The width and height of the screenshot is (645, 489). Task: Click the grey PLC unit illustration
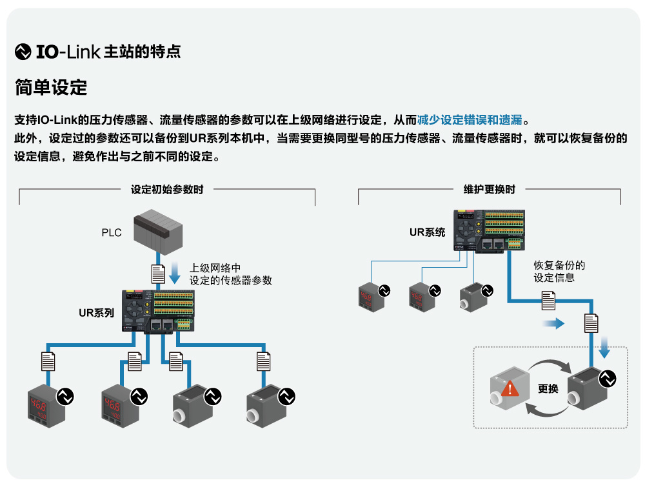point(158,230)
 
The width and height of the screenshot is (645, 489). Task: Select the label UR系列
point(96,314)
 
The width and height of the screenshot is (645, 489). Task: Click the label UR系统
point(427,232)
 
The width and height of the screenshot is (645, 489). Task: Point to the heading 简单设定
point(50,87)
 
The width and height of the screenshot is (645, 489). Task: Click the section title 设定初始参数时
point(167,190)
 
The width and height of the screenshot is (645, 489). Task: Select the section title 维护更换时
point(489,190)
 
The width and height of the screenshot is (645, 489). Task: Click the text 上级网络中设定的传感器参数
point(230,274)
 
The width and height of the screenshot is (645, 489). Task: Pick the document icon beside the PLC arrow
point(157,274)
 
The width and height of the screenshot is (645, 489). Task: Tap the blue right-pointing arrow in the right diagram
point(553,323)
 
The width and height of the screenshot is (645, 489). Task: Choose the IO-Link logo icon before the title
point(23,52)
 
